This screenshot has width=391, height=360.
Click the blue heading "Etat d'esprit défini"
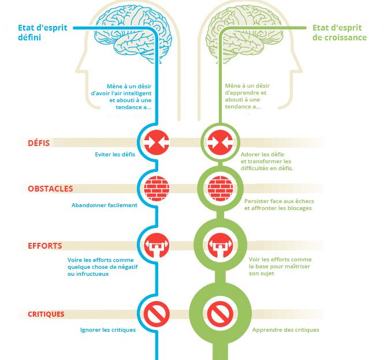pyautogui.click(x=43, y=32)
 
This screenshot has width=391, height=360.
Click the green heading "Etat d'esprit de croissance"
pyautogui.click(x=340, y=32)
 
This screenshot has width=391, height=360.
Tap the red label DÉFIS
pyautogui.click(x=39, y=143)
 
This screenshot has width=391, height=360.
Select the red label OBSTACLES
pyautogui.click(x=50, y=189)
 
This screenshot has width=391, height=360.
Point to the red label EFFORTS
pyautogui.click(x=45, y=246)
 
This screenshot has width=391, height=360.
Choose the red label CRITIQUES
pyautogui.click(x=46, y=314)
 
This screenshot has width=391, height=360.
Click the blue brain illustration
pyautogui.click(x=133, y=33)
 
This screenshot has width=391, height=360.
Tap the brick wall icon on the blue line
pyautogui.click(x=157, y=188)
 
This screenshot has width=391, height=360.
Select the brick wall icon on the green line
pyautogui.click(x=221, y=188)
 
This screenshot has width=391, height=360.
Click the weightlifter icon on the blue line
pyautogui.click(x=157, y=245)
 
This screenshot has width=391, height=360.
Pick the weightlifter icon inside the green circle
pyautogui.click(x=221, y=245)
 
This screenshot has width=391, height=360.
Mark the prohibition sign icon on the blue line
pyautogui.click(x=157, y=314)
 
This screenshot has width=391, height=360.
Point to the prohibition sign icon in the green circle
pyautogui.click(x=221, y=314)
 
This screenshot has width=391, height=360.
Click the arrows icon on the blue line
pyautogui.click(x=157, y=142)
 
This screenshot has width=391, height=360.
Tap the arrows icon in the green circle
pyautogui.click(x=221, y=142)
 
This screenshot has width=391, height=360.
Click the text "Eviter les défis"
pyautogui.click(x=115, y=155)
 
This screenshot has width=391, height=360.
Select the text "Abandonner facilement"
pyautogui.click(x=105, y=205)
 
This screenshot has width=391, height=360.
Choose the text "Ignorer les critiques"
pyautogui.click(x=108, y=330)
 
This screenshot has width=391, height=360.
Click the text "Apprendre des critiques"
pyautogui.click(x=286, y=330)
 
